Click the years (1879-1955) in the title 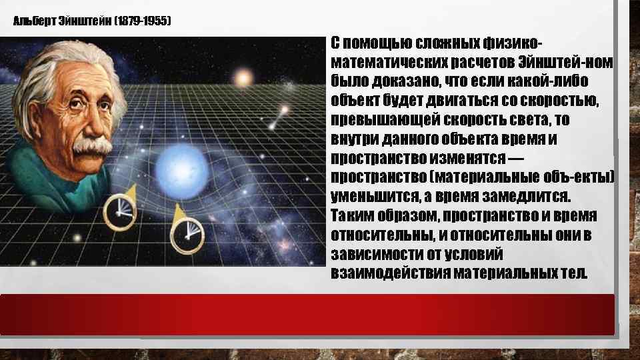[143, 21]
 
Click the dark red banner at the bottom [307, 314]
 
